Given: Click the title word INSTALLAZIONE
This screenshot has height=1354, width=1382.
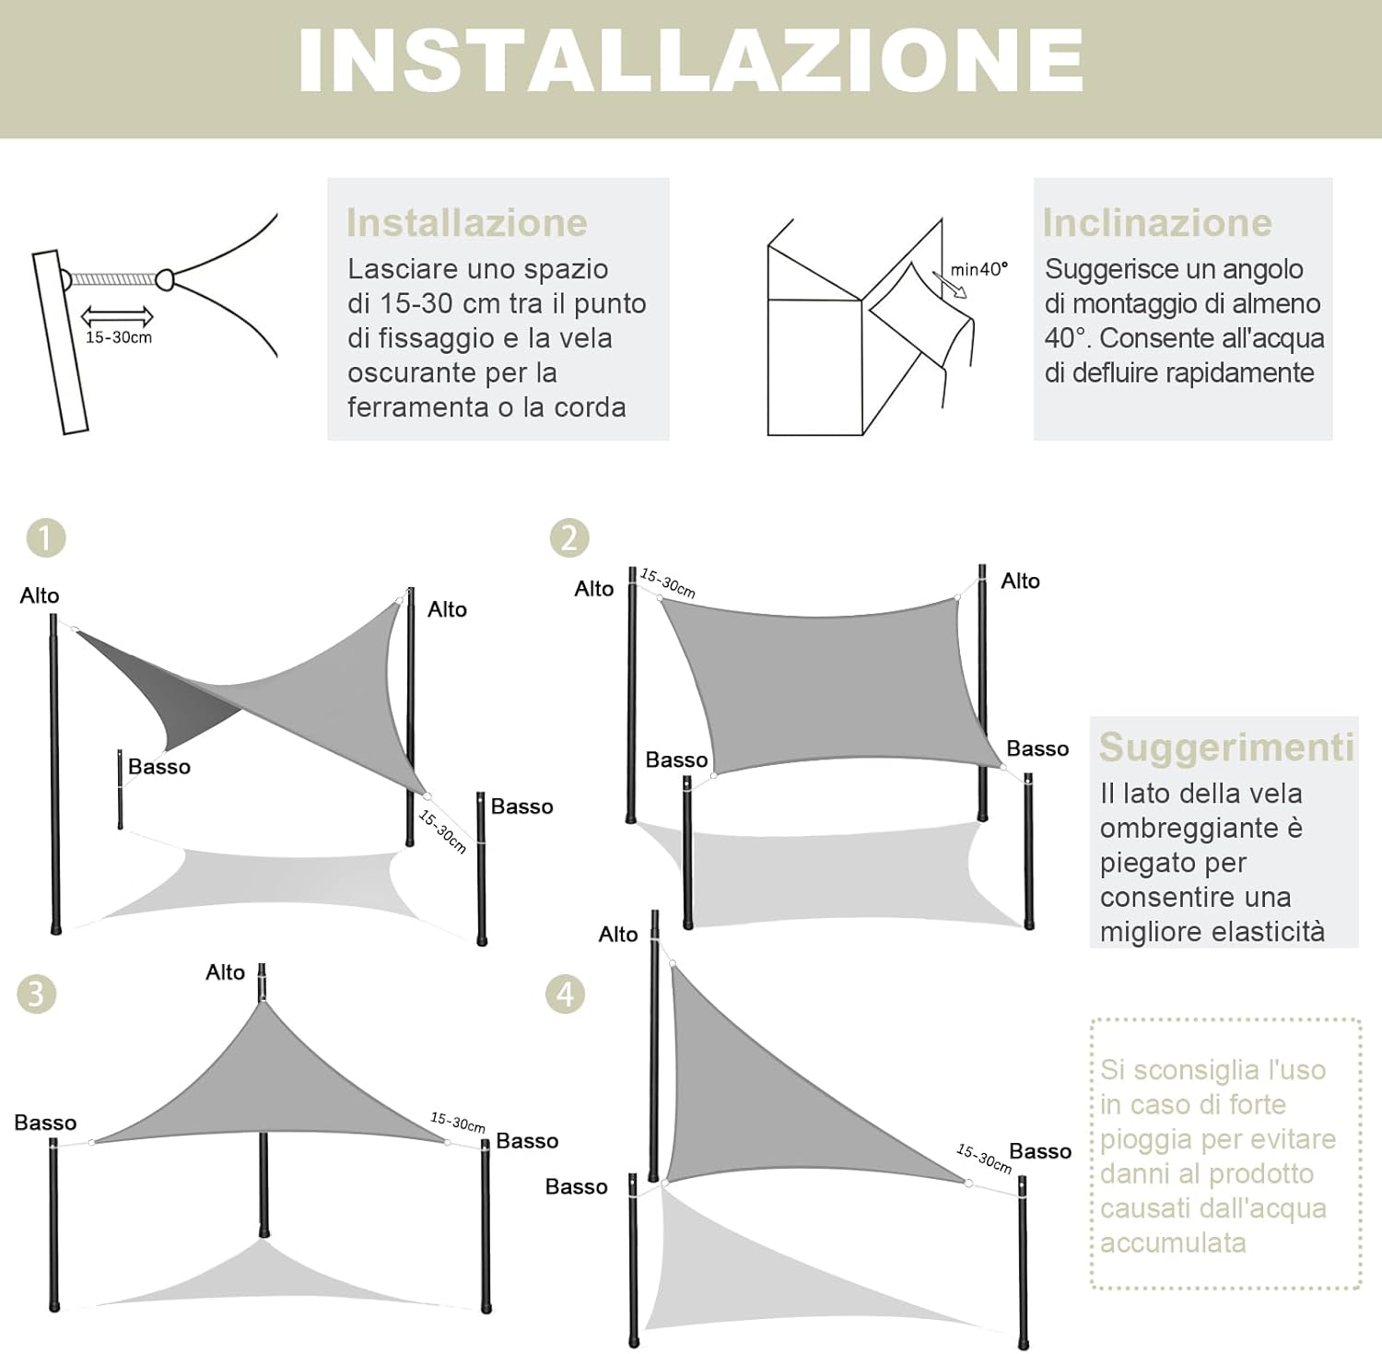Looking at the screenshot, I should (690, 61).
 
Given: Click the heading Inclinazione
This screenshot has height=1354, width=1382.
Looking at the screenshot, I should (1157, 223).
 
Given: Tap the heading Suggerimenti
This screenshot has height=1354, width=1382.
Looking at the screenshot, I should (1226, 748).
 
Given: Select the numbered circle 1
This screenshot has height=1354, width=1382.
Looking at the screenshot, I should (46, 538).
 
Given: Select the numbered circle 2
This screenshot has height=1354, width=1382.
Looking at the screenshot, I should (568, 538).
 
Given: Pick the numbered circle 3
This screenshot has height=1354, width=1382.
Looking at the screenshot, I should (36, 995).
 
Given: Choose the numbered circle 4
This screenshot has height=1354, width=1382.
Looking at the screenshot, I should (565, 995).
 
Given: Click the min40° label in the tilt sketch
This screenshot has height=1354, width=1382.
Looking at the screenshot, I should (978, 269).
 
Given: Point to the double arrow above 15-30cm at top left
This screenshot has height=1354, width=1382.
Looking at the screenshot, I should (117, 317).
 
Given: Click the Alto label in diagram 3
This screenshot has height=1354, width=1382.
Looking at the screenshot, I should (225, 972).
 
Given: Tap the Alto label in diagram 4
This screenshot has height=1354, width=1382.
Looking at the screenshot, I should (617, 935).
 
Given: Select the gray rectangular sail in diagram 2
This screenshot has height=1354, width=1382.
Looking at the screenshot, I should (829, 687).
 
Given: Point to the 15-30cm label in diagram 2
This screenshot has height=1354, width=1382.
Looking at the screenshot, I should (668, 583).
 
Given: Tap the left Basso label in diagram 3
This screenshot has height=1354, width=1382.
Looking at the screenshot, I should (45, 1123).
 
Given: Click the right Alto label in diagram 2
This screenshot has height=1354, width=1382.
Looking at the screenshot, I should (1020, 581).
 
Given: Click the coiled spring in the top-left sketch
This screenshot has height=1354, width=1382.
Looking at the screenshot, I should (112, 278).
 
